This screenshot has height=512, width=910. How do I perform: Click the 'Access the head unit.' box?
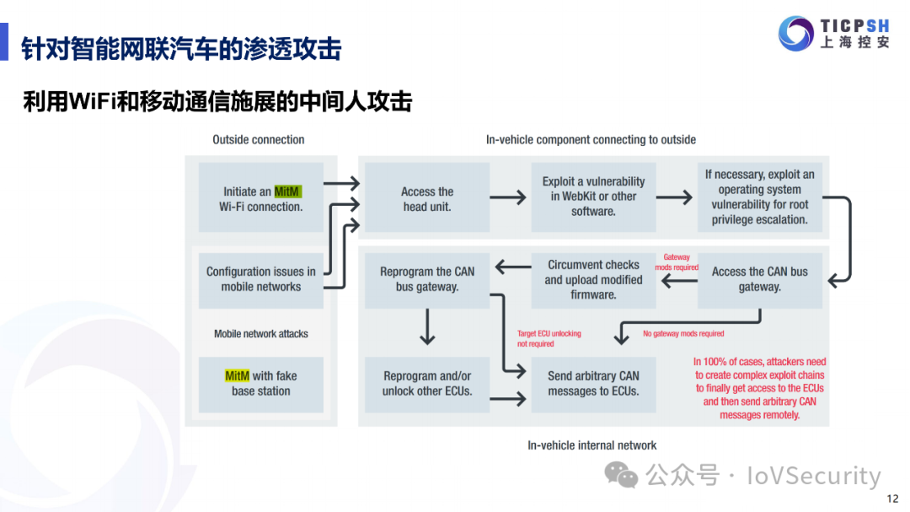pos(427,198)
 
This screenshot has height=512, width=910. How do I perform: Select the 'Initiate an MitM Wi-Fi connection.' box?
pos(261,198)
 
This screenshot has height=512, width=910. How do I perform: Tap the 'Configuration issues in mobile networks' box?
pos(261,278)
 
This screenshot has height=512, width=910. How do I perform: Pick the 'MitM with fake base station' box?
pos(261,384)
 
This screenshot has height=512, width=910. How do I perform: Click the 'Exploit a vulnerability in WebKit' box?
pos(593,197)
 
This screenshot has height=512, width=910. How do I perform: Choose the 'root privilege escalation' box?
pos(759,197)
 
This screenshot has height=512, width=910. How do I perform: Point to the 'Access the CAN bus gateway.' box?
pos(759,279)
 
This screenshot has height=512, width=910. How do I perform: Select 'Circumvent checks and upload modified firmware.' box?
pos(593,279)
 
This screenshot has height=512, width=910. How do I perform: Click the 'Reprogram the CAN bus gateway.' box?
pos(427,279)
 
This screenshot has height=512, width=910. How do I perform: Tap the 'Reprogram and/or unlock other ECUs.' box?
pos(427,384)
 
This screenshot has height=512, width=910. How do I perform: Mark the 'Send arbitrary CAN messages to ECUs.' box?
pos(593,384)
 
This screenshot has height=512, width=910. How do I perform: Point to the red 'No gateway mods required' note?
pos(683,334)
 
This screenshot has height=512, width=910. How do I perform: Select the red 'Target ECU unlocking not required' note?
pos(549,338)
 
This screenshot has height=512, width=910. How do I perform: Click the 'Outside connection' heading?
pos(259,140)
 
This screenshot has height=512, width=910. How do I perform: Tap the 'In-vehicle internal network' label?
pos(591,445)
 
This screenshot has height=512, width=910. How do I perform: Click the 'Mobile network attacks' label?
pos(261,334)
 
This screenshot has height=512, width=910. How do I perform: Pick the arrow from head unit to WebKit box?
pos(508,198)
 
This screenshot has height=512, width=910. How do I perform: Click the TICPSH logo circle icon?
pos(795,33)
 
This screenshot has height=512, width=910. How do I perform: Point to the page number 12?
pos(892,499)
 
